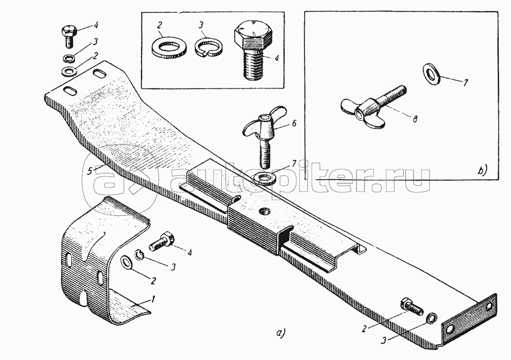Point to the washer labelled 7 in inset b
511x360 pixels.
tap(432, 73)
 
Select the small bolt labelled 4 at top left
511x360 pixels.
tap(68, 36)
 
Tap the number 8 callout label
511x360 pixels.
tap(414, 119)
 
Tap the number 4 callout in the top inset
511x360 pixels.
tap(276, 59)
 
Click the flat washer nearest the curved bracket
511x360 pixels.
tap(126, 262)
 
